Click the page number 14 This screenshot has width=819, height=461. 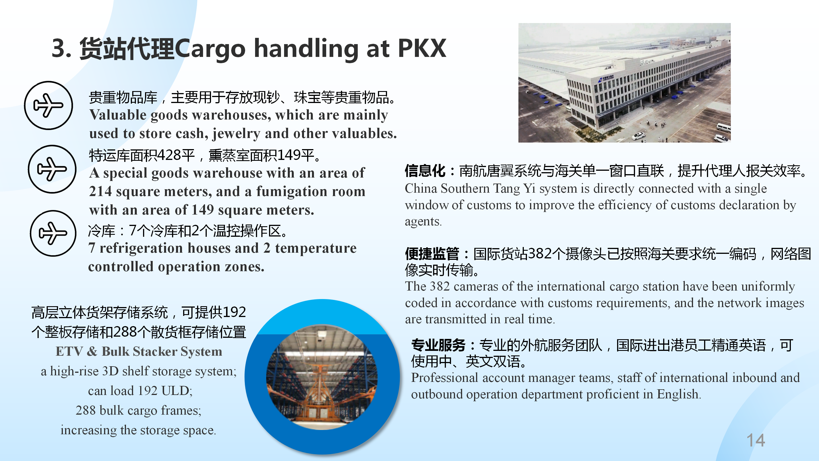[x=756, y=440]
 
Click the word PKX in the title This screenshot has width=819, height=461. [x=422, y=48]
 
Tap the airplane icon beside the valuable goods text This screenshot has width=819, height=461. [x=48, y=105]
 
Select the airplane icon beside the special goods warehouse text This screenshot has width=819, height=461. [x=52, y=169]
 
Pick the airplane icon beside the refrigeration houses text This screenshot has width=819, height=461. [x=53, y=233]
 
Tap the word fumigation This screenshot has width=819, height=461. [x=292, y=192]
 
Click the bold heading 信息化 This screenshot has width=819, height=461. [x=425, y=171]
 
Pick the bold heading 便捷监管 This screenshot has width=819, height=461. [x=432, y=254]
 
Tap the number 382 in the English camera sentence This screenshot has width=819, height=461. [x=440, y=286]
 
